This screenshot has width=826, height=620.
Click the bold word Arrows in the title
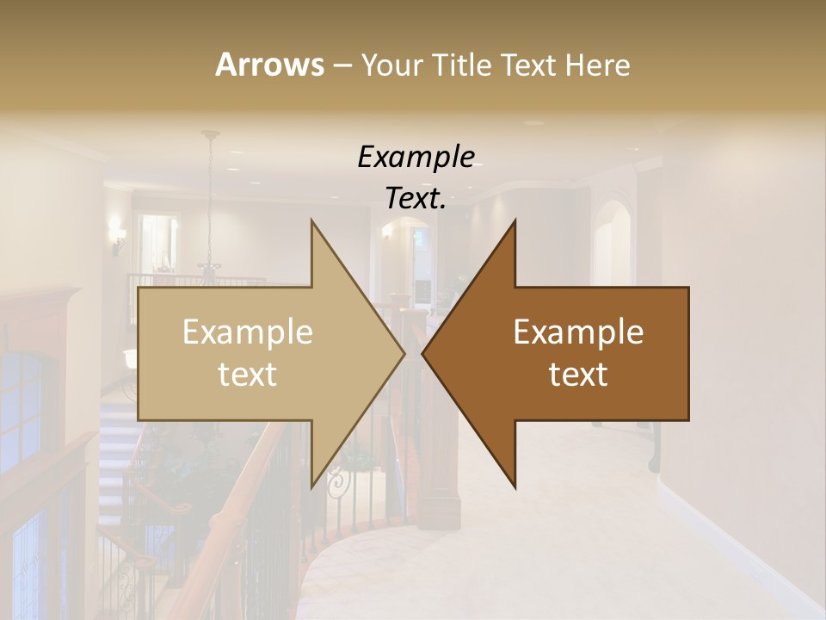point(269,65)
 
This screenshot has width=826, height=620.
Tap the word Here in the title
point(598,65)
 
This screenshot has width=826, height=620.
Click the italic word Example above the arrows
point(416,157)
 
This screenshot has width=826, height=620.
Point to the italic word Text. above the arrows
point(416,198)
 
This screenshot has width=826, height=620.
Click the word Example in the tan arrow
point(248,332)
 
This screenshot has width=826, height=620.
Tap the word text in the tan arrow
point(248,375)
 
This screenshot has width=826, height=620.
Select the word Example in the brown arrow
point(578,332)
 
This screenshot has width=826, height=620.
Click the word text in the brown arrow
point(578,375)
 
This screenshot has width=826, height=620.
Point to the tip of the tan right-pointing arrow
point(404,353)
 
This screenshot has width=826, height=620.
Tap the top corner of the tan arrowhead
point(312,220)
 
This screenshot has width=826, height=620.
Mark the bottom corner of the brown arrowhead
point(515,487)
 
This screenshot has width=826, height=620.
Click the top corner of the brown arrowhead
point(515,220)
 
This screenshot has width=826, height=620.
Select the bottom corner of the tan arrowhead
point(312,487)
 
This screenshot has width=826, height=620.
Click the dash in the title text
point(342,66)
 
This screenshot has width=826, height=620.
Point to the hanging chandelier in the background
point(209,258)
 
